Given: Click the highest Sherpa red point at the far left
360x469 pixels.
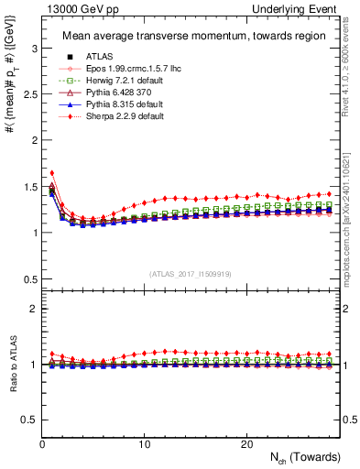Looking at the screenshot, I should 52,172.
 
